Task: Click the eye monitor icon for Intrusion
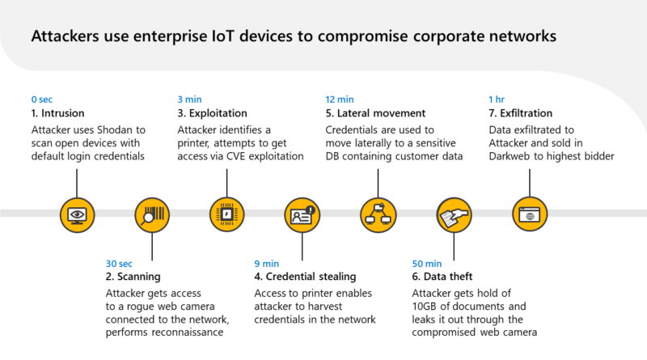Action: (77, 215)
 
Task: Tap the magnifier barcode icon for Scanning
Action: (152, 215)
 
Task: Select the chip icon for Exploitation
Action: (227, 214)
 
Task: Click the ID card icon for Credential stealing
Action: (302, 215)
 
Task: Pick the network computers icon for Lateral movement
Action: (378, 215)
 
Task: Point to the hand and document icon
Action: (454, 215)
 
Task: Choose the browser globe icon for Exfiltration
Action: (530, 214)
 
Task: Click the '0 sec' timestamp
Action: (42, 100)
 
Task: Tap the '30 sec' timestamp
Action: (119, 264)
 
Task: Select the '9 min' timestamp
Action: (267, 264)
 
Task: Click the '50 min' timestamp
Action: (427, 264)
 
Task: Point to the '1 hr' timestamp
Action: (497, 100)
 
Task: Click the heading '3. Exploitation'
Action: (212, 113)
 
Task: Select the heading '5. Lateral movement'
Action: (375, 113)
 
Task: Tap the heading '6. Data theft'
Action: (442, 277)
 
